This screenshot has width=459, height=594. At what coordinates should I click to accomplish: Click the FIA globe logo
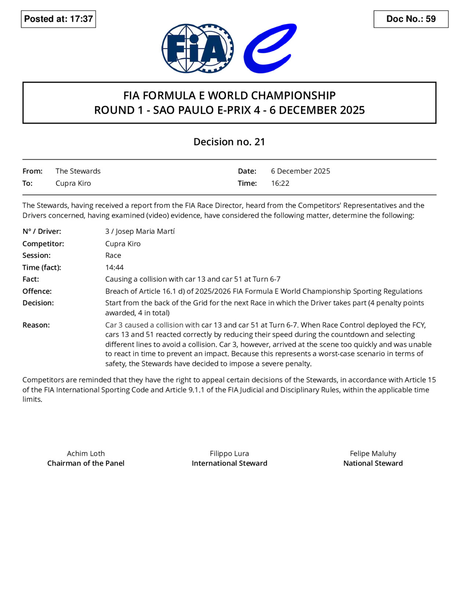click(x=197, y=48)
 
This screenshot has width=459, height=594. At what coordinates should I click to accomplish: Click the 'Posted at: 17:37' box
click(x=58, y=19)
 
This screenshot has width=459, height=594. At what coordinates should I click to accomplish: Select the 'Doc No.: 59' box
click(x=411, y=19)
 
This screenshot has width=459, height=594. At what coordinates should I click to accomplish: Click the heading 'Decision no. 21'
click(x=229, y=142)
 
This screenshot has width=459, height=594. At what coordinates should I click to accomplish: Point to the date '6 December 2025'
click(x=300, y=171)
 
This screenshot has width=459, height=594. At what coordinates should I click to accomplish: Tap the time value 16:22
click(x=280, y=183)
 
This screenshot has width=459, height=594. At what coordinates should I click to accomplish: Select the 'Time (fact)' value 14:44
click(x=115, y=267)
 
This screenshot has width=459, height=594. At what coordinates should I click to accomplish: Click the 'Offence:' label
click(x=37, y=291)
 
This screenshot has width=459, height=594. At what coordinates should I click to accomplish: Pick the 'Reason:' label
click(x=36, y=325)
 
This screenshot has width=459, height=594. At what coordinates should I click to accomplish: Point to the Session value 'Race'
click(x=113, y=255)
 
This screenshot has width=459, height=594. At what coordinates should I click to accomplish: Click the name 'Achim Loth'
click(x=86, y=453)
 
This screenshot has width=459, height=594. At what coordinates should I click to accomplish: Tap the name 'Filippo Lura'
click(x=229, y=453)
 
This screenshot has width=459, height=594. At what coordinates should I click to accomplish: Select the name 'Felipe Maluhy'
click(x=373, y=453)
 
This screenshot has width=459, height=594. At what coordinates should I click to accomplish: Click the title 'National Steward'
click(x=373, y=463)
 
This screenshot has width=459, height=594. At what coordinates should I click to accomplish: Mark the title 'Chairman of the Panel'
click(x=86, y=463)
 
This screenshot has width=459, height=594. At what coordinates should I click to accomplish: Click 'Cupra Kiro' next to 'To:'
click(x=73, y=183)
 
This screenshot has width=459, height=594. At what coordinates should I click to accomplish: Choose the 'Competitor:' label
click(x=43, y=243)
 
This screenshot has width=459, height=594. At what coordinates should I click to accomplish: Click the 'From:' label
click(x=32, y=171)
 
